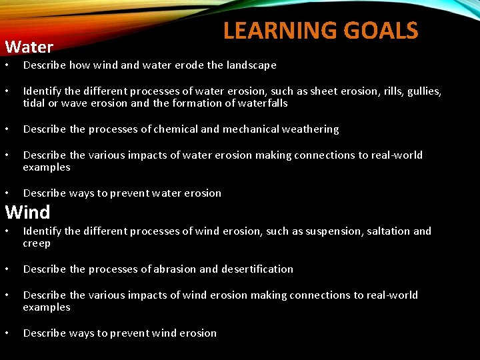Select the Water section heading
click(29, 47)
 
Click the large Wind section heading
click(28, 213)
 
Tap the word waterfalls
click(262, 103)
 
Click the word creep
click(37, 244)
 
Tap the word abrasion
click(175, 269)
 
